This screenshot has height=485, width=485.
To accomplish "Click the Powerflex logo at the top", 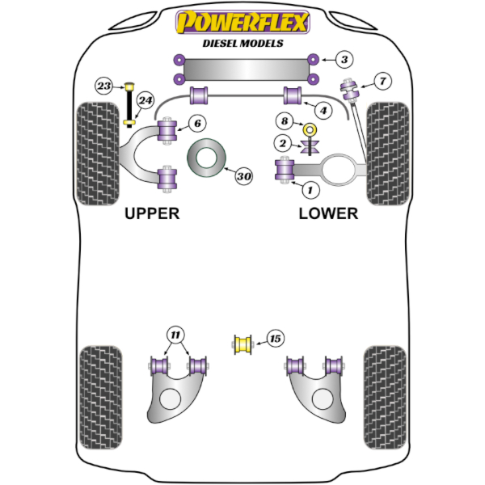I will coord(242,22).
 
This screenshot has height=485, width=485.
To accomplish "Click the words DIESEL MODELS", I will coord(242,43).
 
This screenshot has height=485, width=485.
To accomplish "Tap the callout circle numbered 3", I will coord(344,60).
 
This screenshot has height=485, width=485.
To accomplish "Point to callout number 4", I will coord(322,110).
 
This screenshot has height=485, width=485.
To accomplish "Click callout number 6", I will coord(198,123).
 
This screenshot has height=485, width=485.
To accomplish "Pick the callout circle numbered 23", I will coord(104,86).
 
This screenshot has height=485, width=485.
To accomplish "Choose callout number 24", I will coord(145,101).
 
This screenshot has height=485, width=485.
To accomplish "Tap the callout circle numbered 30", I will coord(244,175).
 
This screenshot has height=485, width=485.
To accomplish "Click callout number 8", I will coord(284,122).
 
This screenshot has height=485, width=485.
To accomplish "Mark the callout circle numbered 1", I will coord(307,189).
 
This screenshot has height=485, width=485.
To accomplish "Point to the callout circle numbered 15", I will coord(275,339).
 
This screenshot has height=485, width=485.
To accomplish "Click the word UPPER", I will coord(152,213).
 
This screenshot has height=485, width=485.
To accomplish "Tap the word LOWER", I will coord(327,213).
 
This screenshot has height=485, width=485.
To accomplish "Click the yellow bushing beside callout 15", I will coord(242,344).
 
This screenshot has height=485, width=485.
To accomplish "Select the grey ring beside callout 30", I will coord(207,158).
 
